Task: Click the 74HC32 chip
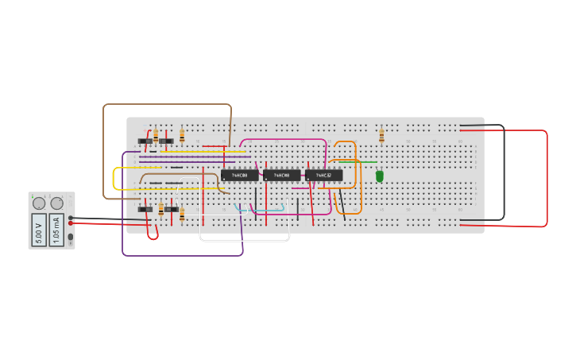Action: click(323, 175)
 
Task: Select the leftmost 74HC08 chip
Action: click(239, 175)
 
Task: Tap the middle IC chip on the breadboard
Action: click(282, 175)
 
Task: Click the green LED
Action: click(380, 176)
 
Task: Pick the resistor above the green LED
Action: click(381, 136)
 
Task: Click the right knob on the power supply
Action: click(56, 203)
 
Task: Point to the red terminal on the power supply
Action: click(72, 223)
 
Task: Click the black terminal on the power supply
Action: click(72, 217)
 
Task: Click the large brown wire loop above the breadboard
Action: click(167, 104)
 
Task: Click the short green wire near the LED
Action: click(358, 162)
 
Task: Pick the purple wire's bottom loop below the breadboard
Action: click(183, 255)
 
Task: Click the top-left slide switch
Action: click(145, 141)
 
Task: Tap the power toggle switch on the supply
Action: click(71, 237)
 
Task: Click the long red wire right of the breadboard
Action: click(547, 179)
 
